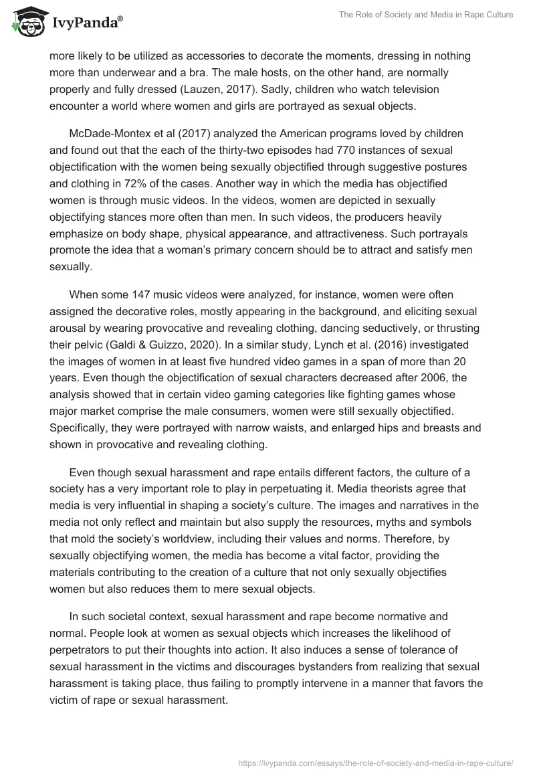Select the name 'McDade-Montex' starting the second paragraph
[112, 134]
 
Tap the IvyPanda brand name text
[85, 24]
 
